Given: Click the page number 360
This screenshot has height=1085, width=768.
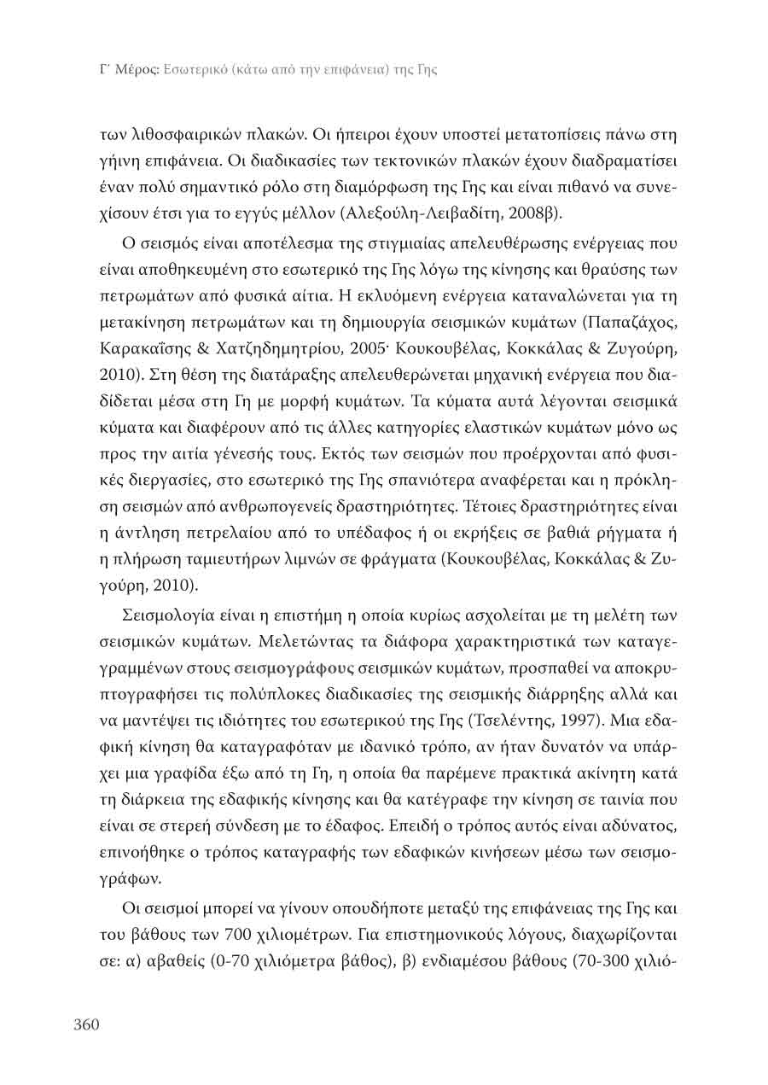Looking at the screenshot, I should (87, 1024).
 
